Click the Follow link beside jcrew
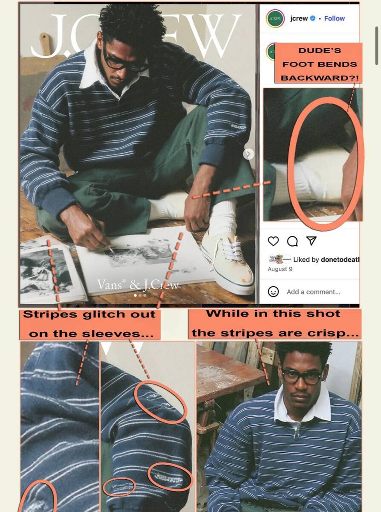click(335, 18)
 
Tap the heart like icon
click(273, 241)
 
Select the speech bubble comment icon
click(292, 241)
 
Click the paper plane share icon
click(312, 241)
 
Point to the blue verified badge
click(312, 18)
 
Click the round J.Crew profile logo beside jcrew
click(275, 19)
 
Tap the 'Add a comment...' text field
click(313, 292)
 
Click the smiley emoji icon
click(273, 292)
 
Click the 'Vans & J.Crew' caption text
click(138, 285)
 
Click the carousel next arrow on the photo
click(249, 154)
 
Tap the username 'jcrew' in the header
click(299, 18)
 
